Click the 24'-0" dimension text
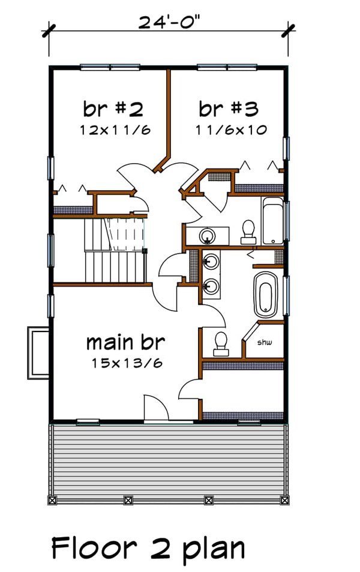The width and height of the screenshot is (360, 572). coord(169,22)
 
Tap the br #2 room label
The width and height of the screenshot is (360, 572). coord(113,109)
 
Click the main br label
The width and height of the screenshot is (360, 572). coord(125,344)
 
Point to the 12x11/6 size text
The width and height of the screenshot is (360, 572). coord(113,130)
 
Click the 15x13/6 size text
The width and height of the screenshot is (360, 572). coord(128,363)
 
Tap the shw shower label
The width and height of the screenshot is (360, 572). coord(265,343)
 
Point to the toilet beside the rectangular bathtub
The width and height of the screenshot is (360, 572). coord(247,231)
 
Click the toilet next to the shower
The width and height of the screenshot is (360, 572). coord(221,342)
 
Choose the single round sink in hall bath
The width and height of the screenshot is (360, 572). coord(208,234)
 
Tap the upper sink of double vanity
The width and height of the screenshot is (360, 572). coord(210,261)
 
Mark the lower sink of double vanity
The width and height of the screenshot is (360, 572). coord(210,285)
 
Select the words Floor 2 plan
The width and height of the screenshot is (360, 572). coord(148,549)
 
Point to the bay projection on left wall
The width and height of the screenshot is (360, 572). coord(38,353)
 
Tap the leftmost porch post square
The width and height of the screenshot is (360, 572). coord(52,499)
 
